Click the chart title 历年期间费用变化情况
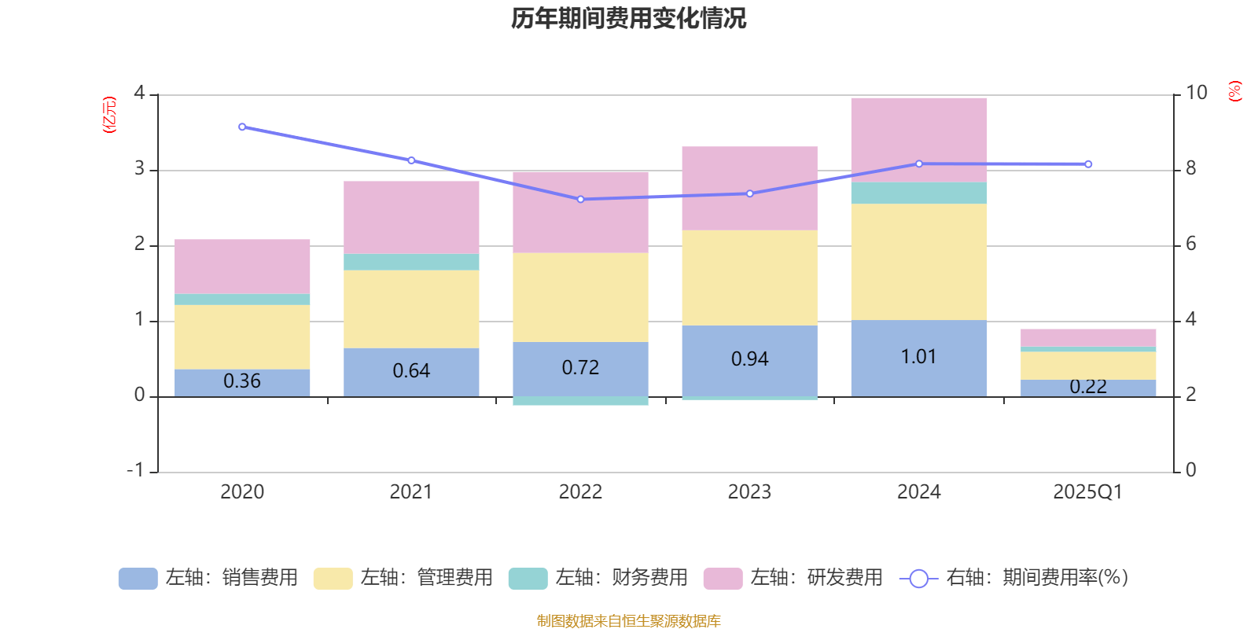[628, 19]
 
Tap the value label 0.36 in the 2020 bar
[242, 381]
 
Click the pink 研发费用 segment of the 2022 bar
[580, 212]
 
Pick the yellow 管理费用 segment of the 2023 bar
[749, 278]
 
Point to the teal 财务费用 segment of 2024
[918, 193]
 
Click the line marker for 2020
[242, 127]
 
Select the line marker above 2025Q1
[1088, 164]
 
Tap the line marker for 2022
[580, 200]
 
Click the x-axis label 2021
[410, 492]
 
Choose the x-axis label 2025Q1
[1087, 492]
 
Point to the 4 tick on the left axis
[140, 93]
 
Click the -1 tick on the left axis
[136, 470]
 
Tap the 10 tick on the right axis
[1196, 93]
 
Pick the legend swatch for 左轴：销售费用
[138, 579]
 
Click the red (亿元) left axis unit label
[109, 115]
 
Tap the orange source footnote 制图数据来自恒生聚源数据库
[628, 621]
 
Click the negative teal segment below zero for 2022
[580, 401]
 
